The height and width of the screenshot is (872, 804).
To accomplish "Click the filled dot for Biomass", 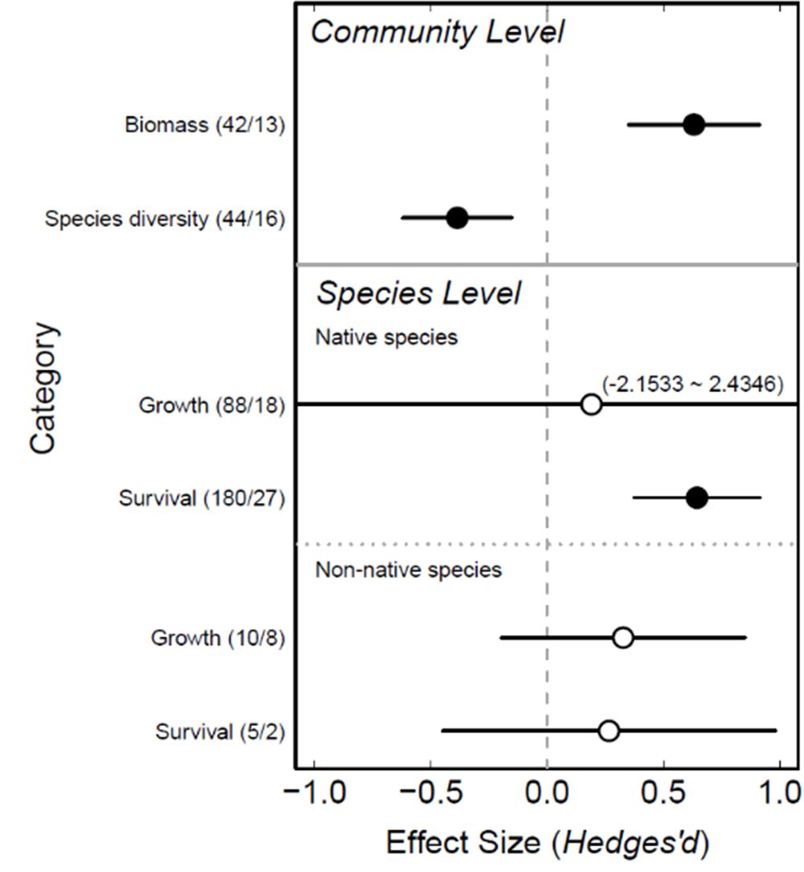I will coord(694,125).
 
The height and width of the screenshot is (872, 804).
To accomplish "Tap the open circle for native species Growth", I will coord(591,404).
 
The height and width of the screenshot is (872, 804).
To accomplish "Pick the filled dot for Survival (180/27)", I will coord(697,497).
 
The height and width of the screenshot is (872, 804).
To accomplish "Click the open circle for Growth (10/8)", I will coord(622,638).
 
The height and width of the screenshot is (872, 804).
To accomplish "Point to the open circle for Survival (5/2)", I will coord(609,731).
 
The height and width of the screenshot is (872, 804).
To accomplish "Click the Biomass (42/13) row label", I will coord(204,125).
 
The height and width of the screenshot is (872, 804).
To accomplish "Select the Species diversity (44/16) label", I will coord(165,219).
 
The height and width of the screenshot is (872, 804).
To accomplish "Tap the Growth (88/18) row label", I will coord(211,405).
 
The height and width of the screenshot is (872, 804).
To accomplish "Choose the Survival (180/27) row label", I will coord(201,498).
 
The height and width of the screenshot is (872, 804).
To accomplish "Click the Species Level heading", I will coord(418,293).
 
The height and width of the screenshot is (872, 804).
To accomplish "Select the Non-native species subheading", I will coord(408,570).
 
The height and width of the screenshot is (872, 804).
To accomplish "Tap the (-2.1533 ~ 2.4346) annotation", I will coord(691,384).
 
